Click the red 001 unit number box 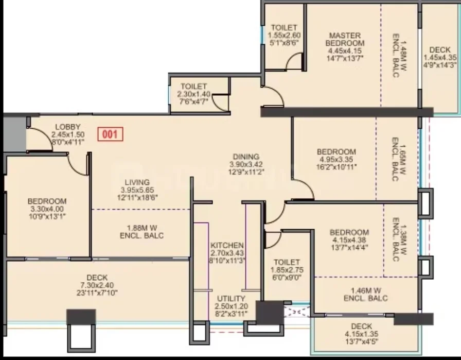110,134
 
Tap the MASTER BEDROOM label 345,39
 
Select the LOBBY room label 67,127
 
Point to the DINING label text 246,157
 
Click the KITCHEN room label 227,245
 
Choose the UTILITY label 231,299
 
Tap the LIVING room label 137,182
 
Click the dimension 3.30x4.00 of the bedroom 47,209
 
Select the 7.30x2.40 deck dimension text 97,285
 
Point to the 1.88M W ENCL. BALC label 141,232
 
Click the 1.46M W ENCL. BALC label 366,295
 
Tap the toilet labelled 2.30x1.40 194,94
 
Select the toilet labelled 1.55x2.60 284,35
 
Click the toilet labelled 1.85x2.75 287,270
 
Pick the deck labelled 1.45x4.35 440,57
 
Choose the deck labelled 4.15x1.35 362,334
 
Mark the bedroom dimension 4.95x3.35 336,160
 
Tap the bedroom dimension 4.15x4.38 349,240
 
